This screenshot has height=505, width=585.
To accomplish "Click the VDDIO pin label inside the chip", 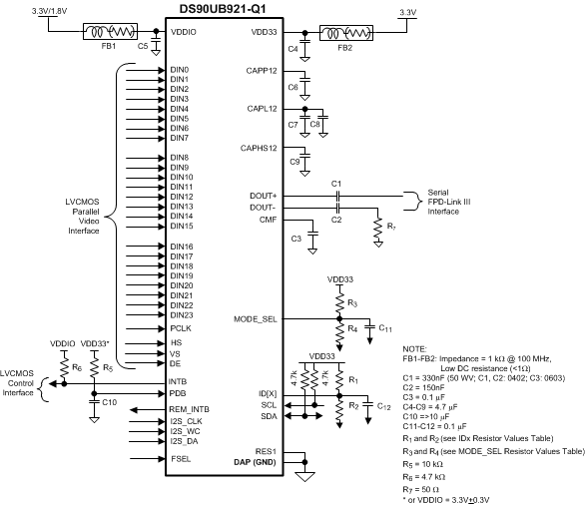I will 185,31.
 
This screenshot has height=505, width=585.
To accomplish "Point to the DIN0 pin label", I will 180,70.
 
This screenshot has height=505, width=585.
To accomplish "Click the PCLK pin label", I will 181,326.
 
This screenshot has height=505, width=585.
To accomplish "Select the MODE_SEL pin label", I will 255,320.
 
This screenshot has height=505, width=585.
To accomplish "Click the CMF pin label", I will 267,220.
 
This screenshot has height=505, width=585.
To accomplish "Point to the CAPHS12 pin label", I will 258,147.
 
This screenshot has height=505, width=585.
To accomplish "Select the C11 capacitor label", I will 386,327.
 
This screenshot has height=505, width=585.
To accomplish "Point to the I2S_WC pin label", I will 186,430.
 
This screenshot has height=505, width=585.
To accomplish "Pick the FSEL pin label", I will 181,458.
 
